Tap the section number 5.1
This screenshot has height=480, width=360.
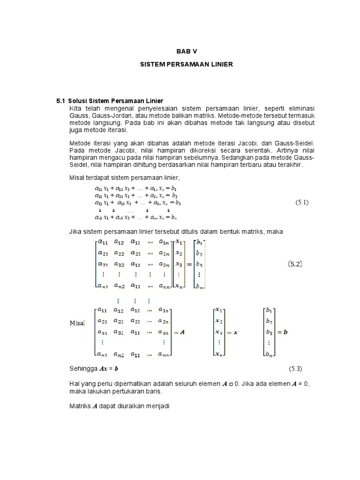pos(61,101)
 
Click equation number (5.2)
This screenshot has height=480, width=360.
pos(295,264)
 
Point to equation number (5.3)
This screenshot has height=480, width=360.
pos(297,369)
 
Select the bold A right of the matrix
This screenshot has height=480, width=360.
pos(182,332)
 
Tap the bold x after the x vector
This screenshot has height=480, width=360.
pos(236,332)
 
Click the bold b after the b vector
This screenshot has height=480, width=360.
pos(285,332)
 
